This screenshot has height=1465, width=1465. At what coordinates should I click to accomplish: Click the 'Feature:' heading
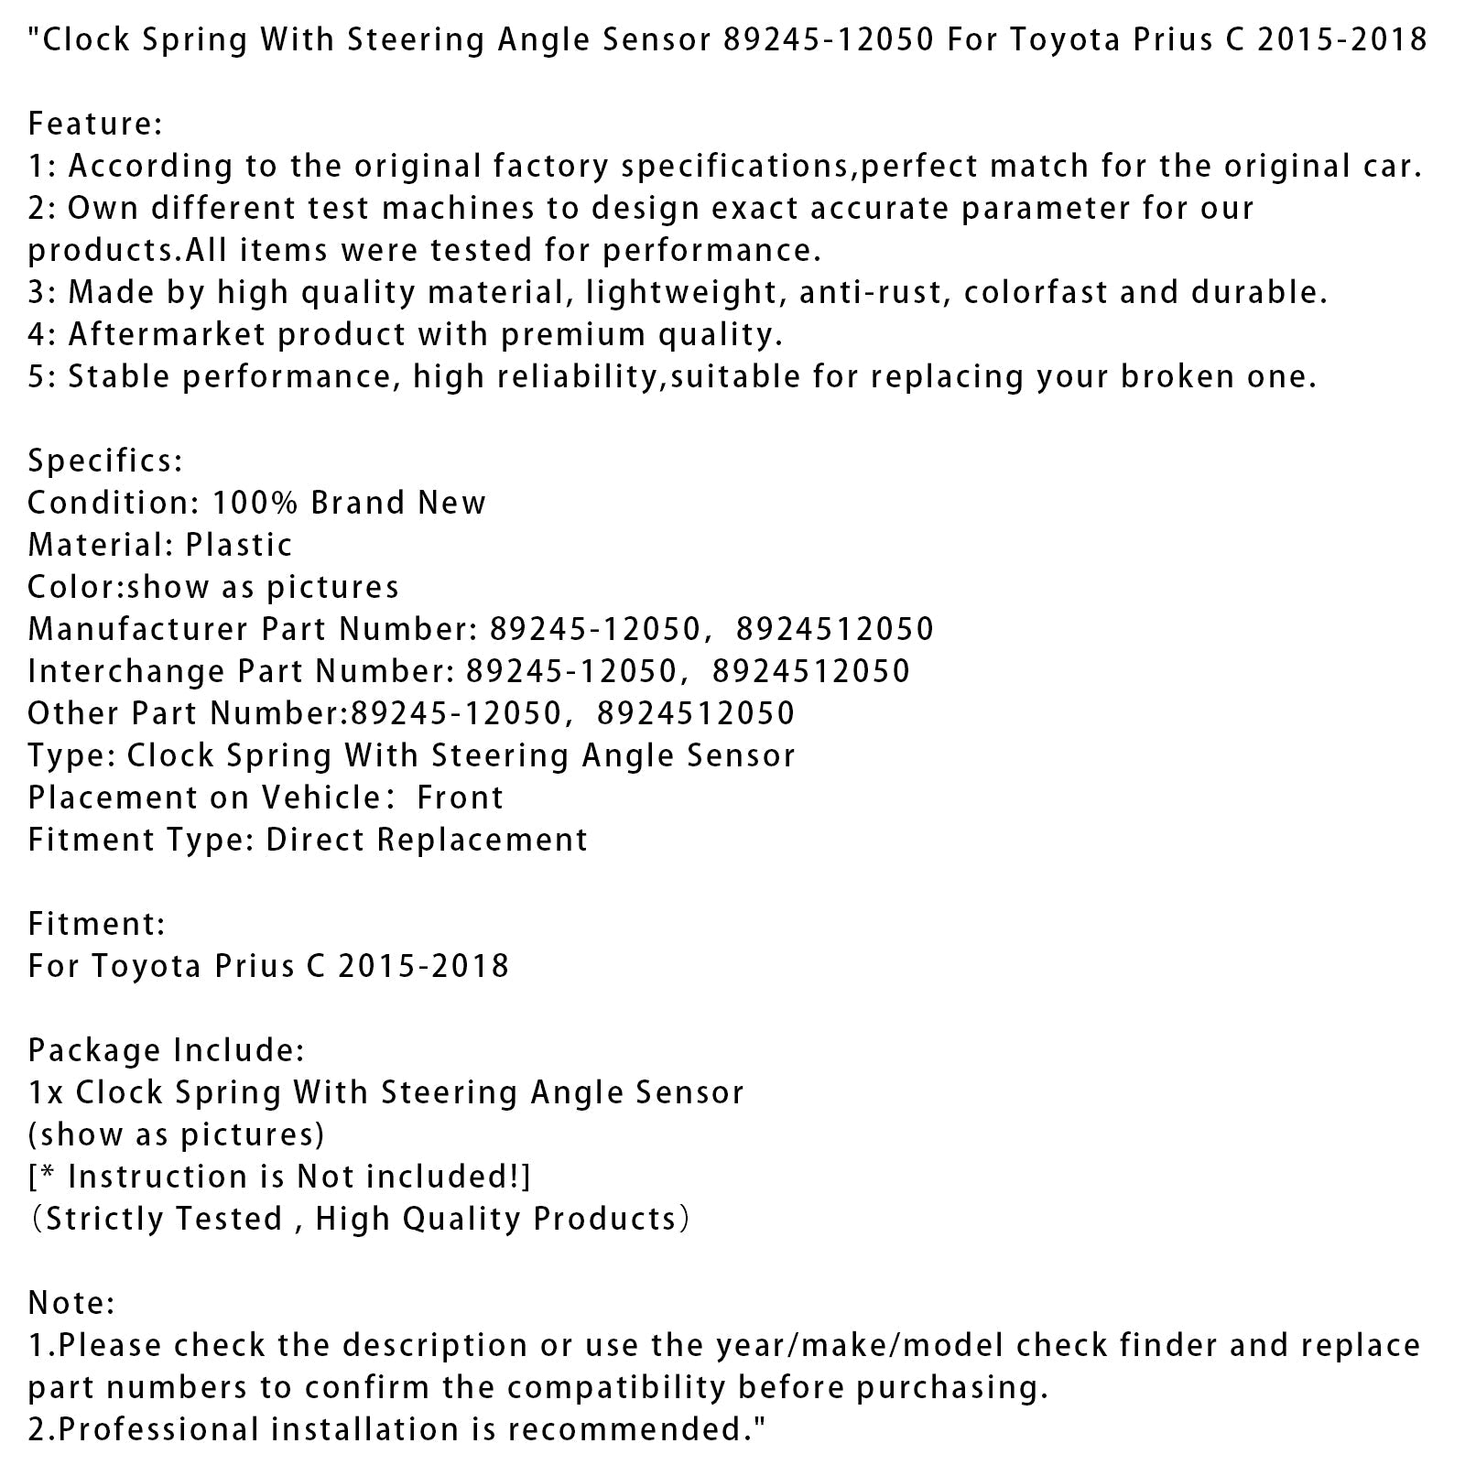point(95,124)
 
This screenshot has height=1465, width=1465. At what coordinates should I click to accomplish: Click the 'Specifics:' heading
point(105,461)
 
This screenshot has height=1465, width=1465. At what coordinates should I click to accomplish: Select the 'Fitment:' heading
point(96,924)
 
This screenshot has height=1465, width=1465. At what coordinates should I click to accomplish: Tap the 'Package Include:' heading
point(166,1050)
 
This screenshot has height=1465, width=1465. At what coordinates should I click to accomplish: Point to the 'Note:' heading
point(71,1303)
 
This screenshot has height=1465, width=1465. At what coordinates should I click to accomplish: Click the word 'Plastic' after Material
point(239,545)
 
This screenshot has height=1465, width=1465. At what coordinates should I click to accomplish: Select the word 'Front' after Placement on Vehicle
point(460,798)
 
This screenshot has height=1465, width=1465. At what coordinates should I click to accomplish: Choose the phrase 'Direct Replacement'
point(427,840)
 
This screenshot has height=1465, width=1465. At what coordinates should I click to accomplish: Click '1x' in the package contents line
point(45,1092)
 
